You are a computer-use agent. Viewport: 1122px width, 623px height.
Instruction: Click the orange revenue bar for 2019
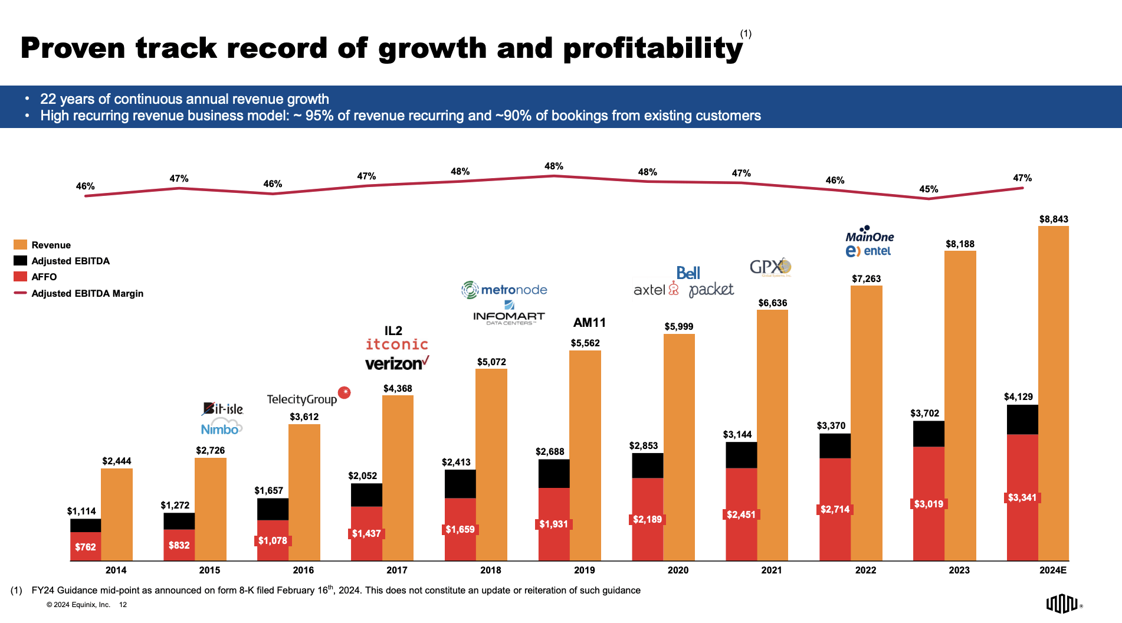coord(585,454)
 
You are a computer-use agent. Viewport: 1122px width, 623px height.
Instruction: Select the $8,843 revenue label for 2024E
coord(1054,219)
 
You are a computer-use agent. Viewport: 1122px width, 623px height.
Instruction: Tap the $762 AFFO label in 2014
coord(86,547)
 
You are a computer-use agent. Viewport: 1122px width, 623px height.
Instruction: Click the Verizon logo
coord(397,363)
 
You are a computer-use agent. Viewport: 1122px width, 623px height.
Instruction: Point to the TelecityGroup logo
coord(302,399)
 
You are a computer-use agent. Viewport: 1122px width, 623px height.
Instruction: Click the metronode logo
coord(504,290)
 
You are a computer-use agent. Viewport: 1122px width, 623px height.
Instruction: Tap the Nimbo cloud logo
coord(221,428)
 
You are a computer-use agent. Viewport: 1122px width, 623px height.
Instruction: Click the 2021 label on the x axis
coord(772,570)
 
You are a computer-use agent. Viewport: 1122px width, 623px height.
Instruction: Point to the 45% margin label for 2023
coord(929,189)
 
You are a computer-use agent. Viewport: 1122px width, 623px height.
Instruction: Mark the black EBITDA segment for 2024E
coord(1022,420)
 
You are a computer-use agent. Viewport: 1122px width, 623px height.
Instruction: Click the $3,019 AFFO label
coord(929,504)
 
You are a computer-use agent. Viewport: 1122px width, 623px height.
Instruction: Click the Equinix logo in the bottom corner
coord(1062,604)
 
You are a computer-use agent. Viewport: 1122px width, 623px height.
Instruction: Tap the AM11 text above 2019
coord(589,323)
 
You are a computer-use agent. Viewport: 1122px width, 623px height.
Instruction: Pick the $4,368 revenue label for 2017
coord(398,389)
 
